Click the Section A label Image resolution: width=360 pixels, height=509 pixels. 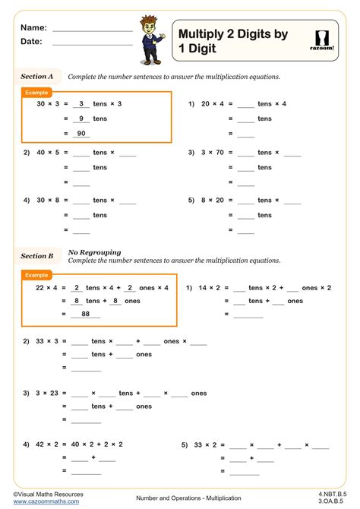(x=37, y=77)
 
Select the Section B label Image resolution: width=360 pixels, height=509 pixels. (x=37, y=256)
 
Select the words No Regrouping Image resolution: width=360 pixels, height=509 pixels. (x=95, y=251)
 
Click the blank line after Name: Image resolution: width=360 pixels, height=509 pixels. (x=93, y=28)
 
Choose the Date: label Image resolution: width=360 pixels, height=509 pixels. (x=31, y=42)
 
